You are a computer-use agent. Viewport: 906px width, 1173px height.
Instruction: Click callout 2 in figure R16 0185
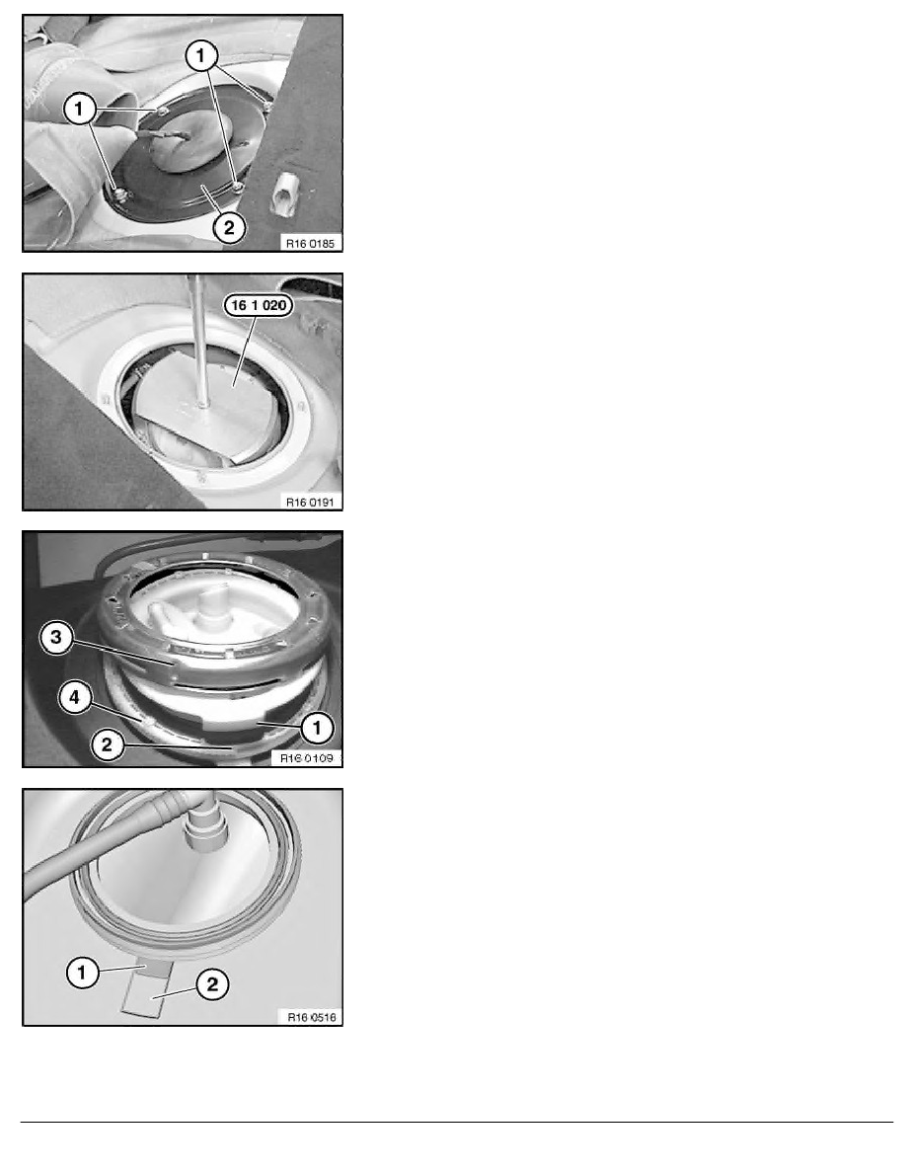[228, 227]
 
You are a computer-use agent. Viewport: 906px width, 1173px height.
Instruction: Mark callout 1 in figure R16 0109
[317, 728]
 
